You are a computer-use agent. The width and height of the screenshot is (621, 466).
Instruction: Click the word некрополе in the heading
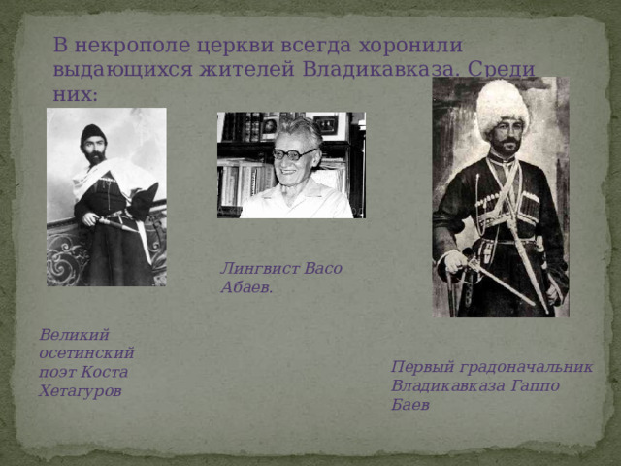(x=128, y=46)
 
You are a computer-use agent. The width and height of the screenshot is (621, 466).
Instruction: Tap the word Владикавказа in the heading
(x=385, y=70)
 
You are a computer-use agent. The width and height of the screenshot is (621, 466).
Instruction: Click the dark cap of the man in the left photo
(x=93, y=133)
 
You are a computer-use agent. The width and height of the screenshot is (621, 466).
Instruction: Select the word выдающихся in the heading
(x=116, y=70)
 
